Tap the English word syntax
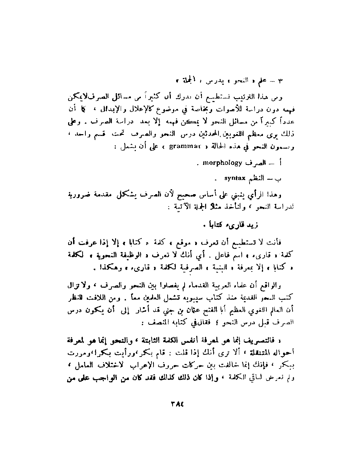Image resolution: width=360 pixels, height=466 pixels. [x=235, y=178]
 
